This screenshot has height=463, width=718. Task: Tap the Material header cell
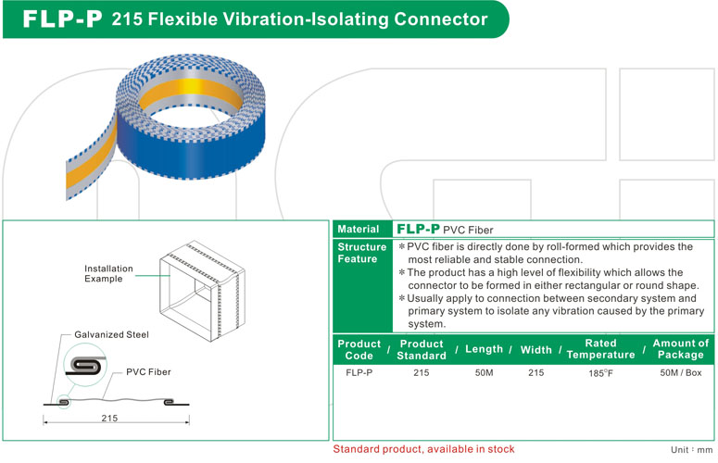(x=358, y=229)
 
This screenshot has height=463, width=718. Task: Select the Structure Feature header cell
(x=361, y=253)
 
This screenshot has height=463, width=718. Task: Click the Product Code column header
(x=359, y=349)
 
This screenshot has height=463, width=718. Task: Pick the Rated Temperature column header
(x=600, y=349)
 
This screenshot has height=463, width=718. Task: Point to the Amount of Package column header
(x=680, y=349)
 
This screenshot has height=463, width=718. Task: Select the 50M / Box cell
(x=680, y=372)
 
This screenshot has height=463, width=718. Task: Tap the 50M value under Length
(x=484, y=372)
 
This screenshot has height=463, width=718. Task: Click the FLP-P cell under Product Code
(x=359, y=372)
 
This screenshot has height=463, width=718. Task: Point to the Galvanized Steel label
(x=110, y=334)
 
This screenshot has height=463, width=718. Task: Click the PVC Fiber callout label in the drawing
(x=148, y=371)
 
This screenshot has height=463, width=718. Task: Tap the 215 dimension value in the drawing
(x=109, y=419)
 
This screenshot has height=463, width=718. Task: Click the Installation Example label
(x=108, y=273)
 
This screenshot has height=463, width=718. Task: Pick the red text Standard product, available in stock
(x=424, y=449)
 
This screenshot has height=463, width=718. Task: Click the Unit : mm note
(x=691, y=450)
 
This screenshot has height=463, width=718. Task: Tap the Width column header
(x=535, y=349)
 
